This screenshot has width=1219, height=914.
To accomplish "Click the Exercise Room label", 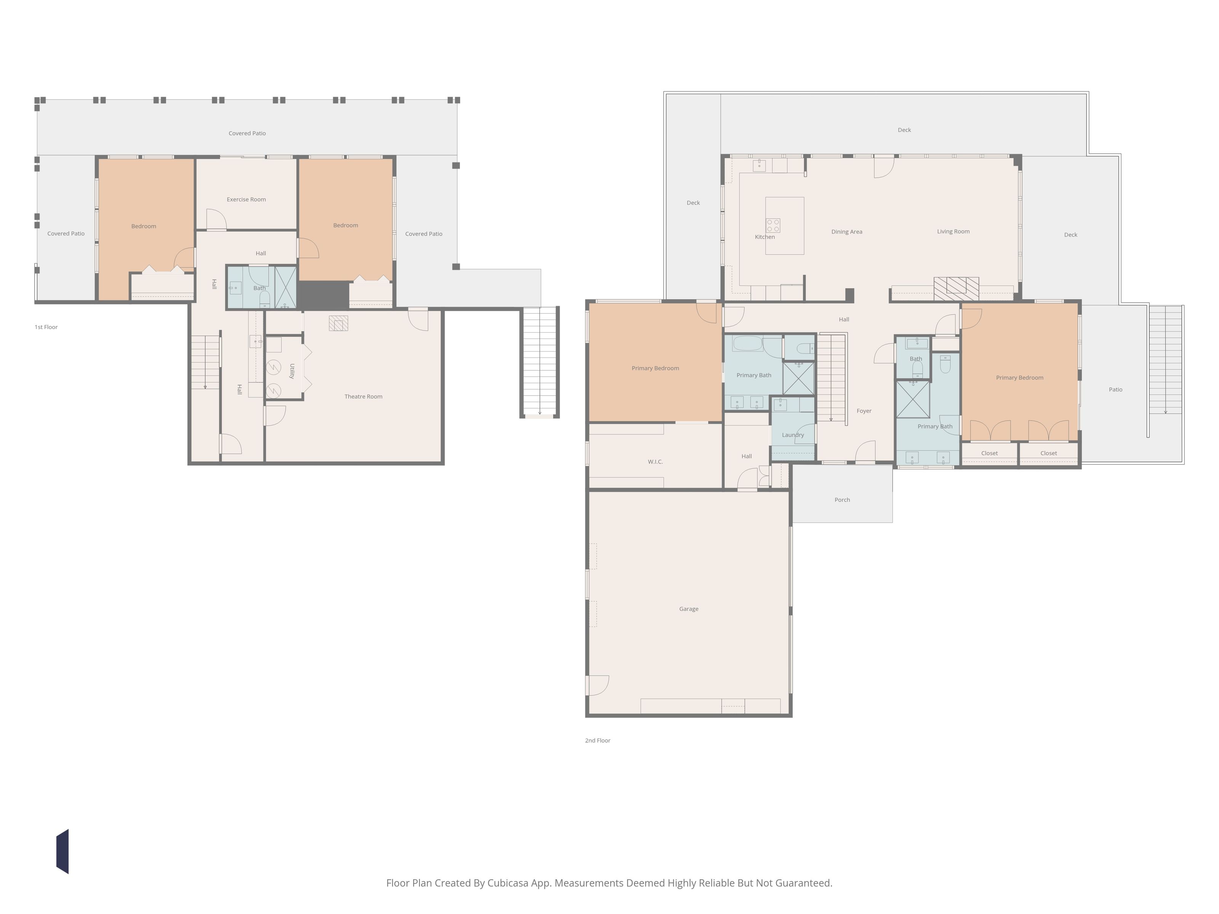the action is (246, 200).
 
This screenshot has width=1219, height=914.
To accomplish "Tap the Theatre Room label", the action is (363, 397).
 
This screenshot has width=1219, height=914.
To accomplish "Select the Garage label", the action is (689, 609).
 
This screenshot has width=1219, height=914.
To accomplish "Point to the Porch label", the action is (842, 500).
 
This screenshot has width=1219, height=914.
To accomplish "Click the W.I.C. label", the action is (655, 462).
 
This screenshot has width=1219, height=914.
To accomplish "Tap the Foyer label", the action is (864, 411).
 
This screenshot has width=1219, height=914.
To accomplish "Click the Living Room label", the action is (953, 232).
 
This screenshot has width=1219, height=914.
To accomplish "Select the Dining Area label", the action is (847, 232).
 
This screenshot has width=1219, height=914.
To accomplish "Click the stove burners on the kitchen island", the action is (773, 225).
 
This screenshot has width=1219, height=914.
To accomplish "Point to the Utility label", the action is (292, 371).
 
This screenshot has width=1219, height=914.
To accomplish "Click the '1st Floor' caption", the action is (46, 327).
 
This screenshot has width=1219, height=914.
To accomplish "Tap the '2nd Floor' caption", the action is (598, 740).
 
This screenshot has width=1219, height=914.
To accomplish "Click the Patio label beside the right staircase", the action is (1116, 390).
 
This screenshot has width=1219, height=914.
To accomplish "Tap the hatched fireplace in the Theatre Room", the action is (338, 323).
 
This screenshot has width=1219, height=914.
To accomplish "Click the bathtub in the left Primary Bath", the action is (748, 343).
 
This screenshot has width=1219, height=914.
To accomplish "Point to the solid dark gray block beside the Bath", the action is (323, 295).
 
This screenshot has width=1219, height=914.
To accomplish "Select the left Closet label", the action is (990, 454).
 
